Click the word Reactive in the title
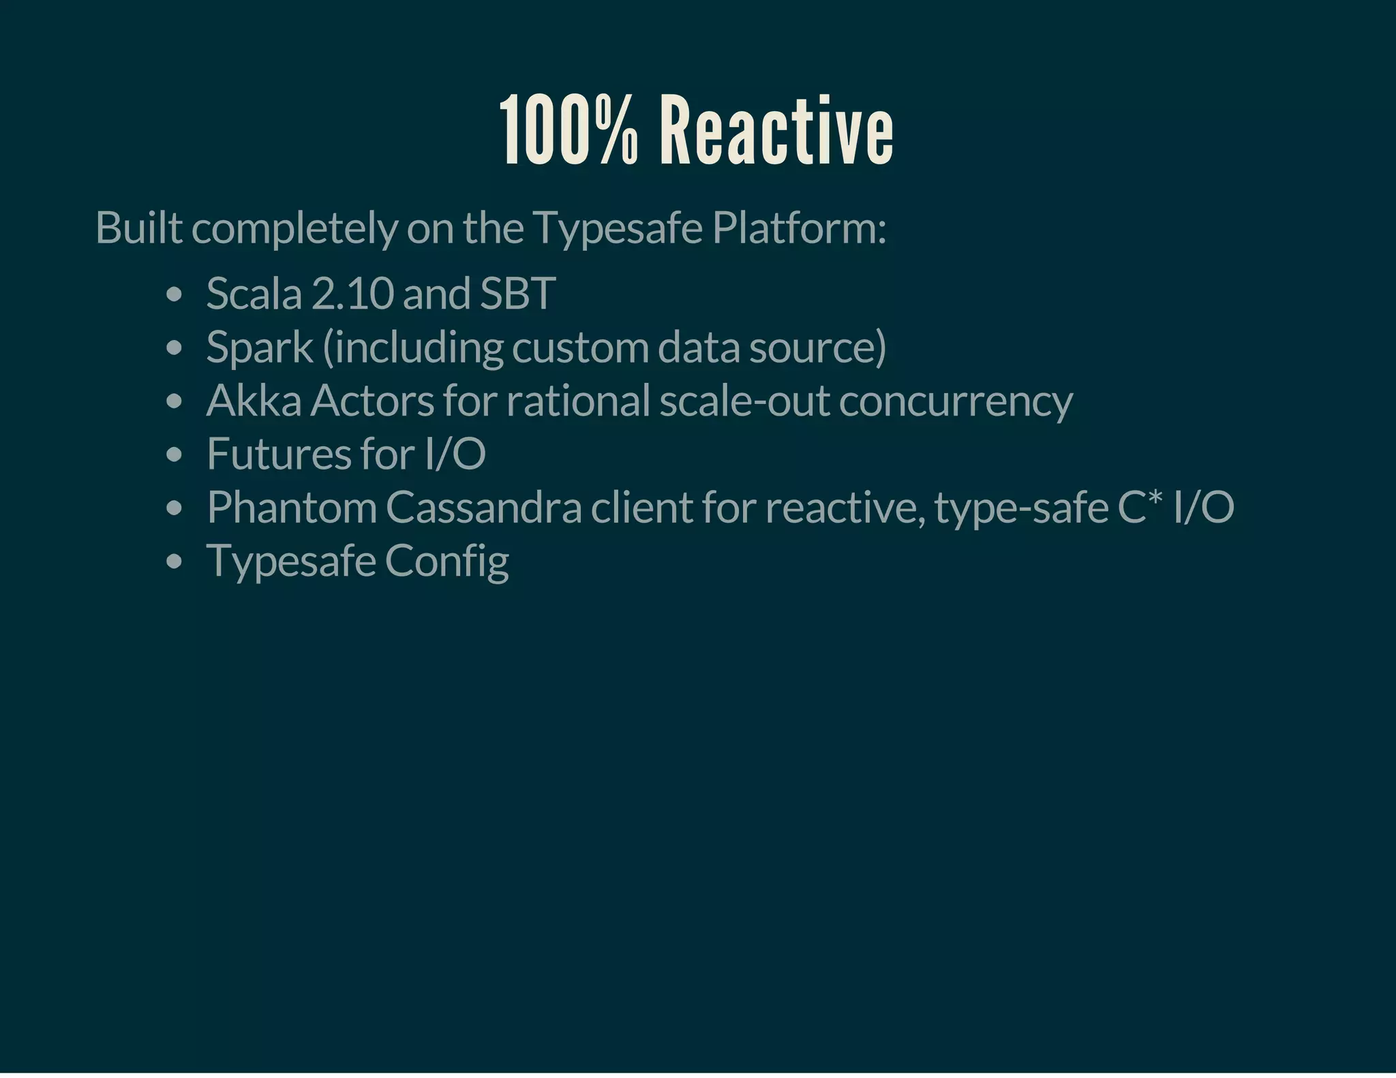[x=776, y=131]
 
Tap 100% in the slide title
[x=570, y=131]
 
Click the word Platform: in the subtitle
[x=799, y=228]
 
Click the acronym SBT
[x=518, y=294]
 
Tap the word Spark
[x=259, y=348]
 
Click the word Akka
[x=254, y=401]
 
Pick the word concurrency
[x=956, y=402]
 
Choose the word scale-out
[x=744, y=401]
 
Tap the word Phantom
[x=292, y=508]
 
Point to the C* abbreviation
[x=1140, y=508]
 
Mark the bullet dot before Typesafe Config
[x=174, y=562]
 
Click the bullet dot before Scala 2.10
[x=174, y=295]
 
